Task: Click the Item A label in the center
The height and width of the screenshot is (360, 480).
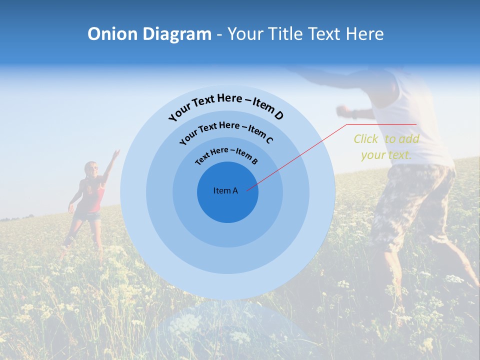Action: tap(225, 190)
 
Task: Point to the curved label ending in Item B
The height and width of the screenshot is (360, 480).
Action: tap(226, 155)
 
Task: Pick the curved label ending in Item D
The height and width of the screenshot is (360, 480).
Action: tap(226, 106)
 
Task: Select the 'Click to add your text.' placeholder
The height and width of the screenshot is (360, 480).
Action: tap(386, 146)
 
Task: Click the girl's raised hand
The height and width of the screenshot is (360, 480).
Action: tap(116, 152)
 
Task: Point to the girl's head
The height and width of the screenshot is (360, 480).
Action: tap(91, 169)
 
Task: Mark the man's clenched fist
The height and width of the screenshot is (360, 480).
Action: tap(342, 109)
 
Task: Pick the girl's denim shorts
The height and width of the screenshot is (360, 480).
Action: tap(90, 216)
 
